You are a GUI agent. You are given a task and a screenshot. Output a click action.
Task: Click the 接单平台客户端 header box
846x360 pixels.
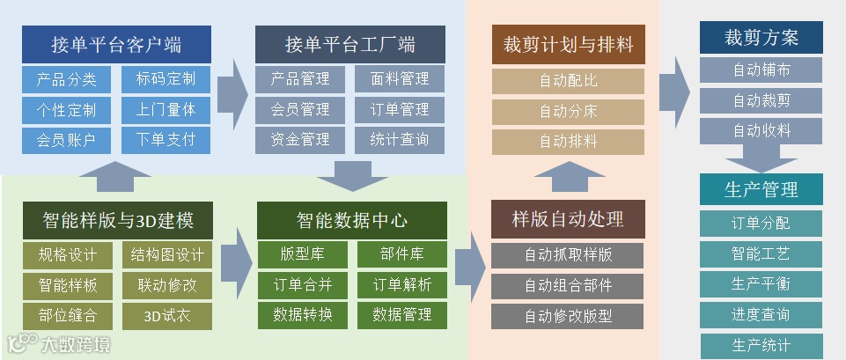click(116, 44)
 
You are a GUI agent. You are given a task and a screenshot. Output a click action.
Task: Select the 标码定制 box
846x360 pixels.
click(166, 80)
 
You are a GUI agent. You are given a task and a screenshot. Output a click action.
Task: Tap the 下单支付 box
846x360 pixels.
click(166, 140)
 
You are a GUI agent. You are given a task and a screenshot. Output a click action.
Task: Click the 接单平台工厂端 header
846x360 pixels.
click(350, 44)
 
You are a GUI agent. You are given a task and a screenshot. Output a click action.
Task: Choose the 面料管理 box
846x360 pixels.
click(401, 80)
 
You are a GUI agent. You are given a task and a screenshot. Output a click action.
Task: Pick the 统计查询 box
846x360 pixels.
click(401, 140)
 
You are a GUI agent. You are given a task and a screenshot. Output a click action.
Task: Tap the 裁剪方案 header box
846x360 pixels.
click(761, 38)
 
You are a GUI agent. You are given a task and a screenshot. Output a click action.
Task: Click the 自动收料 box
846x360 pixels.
click(761, 131)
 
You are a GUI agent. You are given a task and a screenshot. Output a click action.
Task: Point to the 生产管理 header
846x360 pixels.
click(761, 189)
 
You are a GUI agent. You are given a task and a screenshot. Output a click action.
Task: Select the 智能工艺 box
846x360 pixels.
click(761, 254)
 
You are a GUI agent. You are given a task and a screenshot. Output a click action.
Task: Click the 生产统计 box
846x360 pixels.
click(761, 345)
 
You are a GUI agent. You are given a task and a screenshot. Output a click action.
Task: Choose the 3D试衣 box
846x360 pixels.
click(166, 315)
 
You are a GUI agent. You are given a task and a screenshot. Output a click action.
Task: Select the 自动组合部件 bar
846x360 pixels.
click(568, 285)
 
